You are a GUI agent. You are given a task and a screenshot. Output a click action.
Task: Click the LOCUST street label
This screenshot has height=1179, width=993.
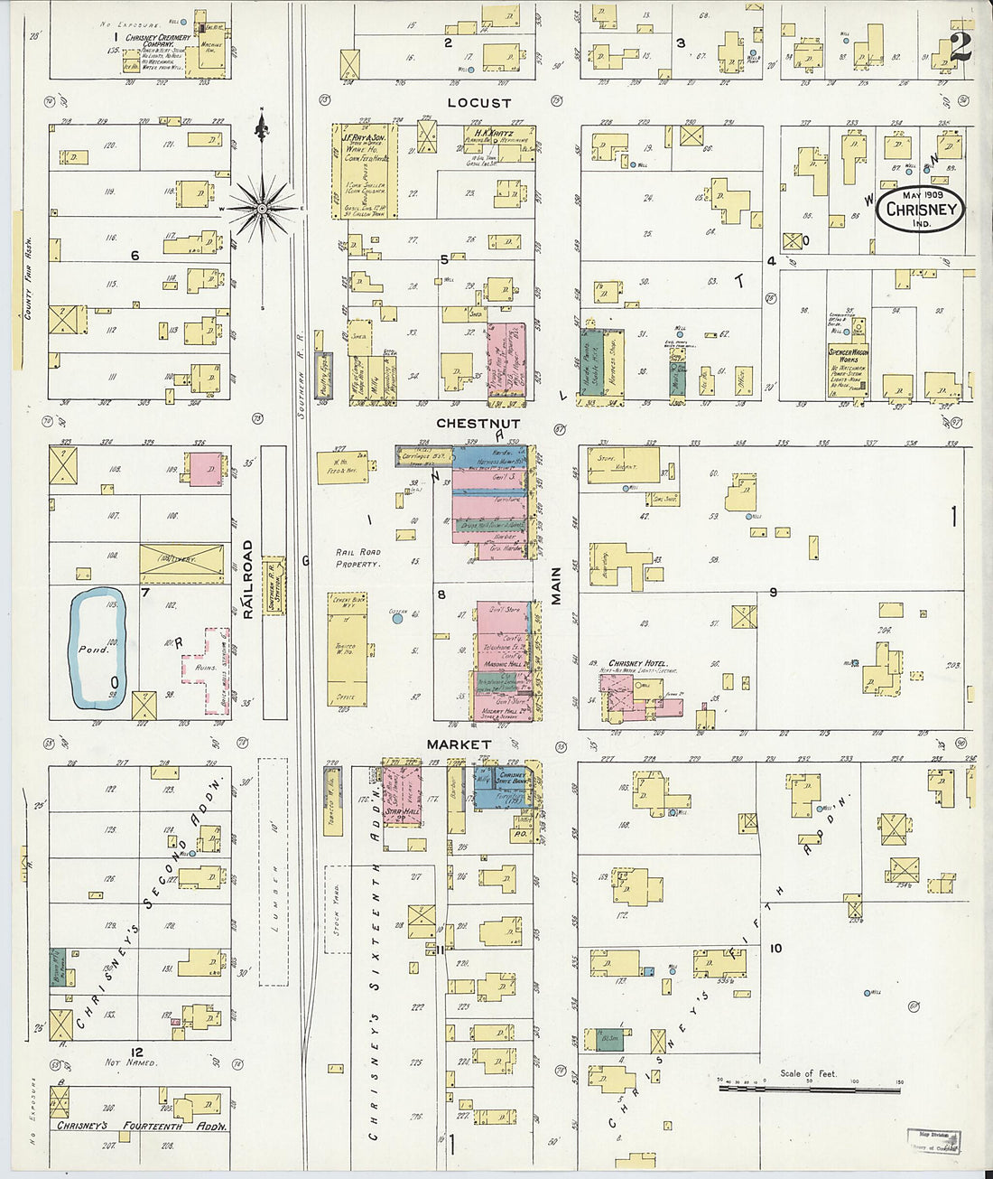479,103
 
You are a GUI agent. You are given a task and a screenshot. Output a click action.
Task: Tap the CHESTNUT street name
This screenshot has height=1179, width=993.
478,423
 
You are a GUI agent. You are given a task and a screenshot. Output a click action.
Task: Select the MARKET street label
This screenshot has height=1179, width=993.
459,744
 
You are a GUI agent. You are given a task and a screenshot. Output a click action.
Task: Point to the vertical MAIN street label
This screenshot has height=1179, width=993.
557,585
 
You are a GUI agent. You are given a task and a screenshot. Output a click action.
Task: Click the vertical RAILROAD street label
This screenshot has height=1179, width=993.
247,579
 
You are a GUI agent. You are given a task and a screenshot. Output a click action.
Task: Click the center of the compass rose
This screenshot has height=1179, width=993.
262,209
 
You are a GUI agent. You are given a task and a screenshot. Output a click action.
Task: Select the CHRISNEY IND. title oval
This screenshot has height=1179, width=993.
920,210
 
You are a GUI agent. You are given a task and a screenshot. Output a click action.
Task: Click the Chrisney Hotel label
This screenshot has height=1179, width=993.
638,663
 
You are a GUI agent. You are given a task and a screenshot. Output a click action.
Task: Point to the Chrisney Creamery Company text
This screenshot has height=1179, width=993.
158,42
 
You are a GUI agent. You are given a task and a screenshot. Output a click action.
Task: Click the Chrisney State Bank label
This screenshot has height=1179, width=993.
512,778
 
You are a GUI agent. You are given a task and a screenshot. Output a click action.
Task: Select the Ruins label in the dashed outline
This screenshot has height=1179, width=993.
205,668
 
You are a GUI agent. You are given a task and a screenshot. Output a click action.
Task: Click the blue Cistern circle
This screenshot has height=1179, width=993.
398,619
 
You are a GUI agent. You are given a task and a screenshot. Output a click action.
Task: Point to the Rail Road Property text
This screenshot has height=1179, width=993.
358,557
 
